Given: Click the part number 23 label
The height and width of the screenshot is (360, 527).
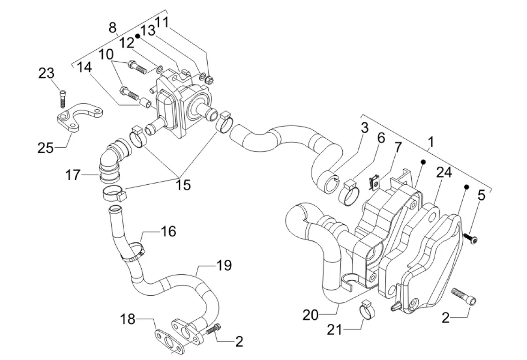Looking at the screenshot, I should (46, 74).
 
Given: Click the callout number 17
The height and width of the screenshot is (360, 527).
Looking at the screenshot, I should (74, 176).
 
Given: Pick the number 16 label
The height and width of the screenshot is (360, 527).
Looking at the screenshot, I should (168, 232).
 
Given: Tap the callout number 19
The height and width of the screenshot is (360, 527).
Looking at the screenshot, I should (224, 266).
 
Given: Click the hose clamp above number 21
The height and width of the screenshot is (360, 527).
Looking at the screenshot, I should (368, 310).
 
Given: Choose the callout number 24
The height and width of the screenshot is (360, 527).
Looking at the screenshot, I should (444, 173).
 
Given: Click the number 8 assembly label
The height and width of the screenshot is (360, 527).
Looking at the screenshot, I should (113, 28).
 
